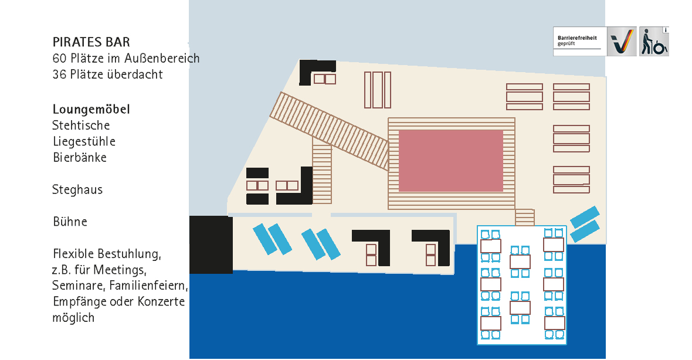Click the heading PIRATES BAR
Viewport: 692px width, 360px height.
(91, 42)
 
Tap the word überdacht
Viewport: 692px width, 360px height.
(136, 74)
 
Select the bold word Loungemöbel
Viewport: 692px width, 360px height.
(91, 110)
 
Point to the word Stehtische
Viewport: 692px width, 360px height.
(81, 125)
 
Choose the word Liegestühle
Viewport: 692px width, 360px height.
(84, 142)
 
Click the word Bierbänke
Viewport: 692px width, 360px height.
(79, 158)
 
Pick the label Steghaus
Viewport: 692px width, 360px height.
(77, 190)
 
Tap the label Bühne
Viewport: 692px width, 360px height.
(70, 222)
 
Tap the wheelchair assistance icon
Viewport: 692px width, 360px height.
(654, 42)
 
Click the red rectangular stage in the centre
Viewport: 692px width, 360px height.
(450, 160)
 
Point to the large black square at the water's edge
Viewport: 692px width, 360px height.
(211, 244)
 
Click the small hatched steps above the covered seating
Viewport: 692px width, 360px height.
(524, 217)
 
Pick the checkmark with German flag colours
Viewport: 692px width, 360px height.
(621, 42)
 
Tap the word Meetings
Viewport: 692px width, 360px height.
(123, 270)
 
